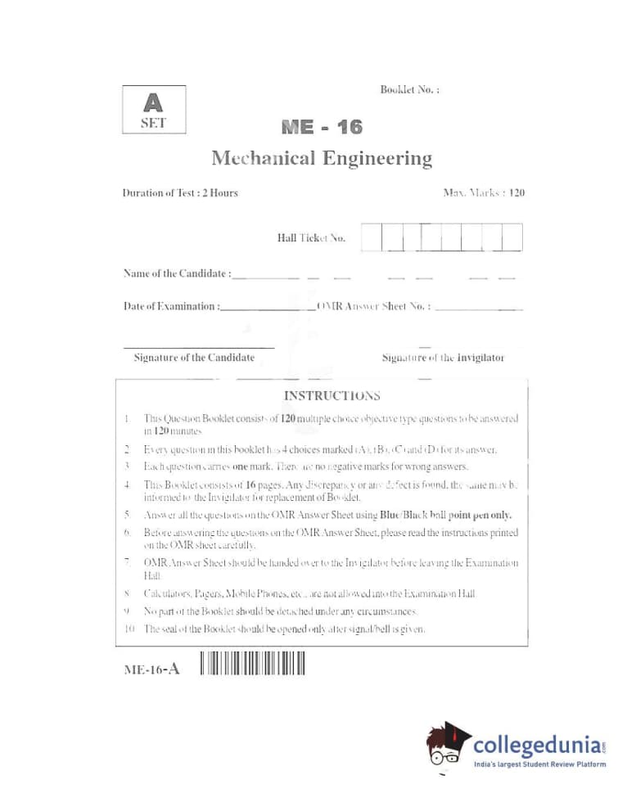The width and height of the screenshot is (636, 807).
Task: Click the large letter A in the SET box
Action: (x=153, y=103)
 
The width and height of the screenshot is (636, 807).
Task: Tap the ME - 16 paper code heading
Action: (x=321, y=128)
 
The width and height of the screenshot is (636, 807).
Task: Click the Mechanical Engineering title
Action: (x=321, y=158)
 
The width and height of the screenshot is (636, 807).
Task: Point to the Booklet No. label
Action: (x=409, y=89)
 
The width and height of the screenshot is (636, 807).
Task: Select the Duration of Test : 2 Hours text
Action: (x=180, y=193)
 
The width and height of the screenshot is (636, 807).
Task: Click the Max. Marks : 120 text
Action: (x=483, y=193)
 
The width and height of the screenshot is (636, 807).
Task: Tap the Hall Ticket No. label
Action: (x=311, y=238)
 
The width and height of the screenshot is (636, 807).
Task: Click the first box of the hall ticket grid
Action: (x=370, y=237)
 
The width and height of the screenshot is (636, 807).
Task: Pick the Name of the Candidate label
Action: (x=177, y=273)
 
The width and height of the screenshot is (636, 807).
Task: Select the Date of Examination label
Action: (x=171, y=306)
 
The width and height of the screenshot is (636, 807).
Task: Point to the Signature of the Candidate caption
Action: (x=194, y=358)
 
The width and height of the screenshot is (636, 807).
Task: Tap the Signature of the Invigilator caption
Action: (x=443, y=358)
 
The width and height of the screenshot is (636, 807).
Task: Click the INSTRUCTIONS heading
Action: (x=332, y=396)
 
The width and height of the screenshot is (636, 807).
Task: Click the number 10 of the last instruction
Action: (x=129, y=629)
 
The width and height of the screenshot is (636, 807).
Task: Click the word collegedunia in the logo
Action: (x=537, y=746)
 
